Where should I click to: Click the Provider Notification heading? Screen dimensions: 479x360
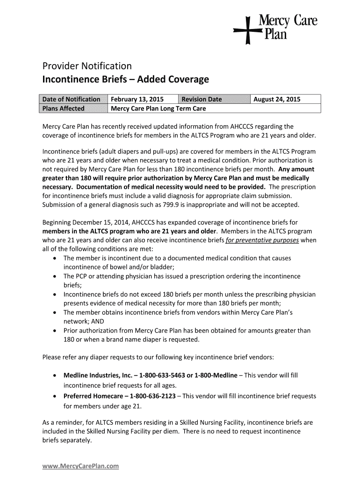[x=87, y=65]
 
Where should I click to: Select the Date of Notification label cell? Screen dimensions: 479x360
[x=72, y=99]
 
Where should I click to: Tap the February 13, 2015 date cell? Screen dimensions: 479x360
[x=137, y=99]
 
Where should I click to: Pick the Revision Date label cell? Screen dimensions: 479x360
[x=202, y=99]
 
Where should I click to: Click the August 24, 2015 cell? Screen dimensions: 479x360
[x=277, y=99]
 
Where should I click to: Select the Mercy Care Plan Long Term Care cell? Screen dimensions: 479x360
[x=158, y=109]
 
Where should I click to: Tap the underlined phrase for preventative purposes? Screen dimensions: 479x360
[x=262, y=240]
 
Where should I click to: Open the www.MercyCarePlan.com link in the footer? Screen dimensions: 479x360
[x=81, y=466]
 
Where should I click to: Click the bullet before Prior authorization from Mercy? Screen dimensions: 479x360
[x=56, y=331]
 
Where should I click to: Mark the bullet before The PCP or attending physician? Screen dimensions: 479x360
[x=56, y=276]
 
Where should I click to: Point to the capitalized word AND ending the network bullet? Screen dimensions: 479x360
[x=97, y=321]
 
